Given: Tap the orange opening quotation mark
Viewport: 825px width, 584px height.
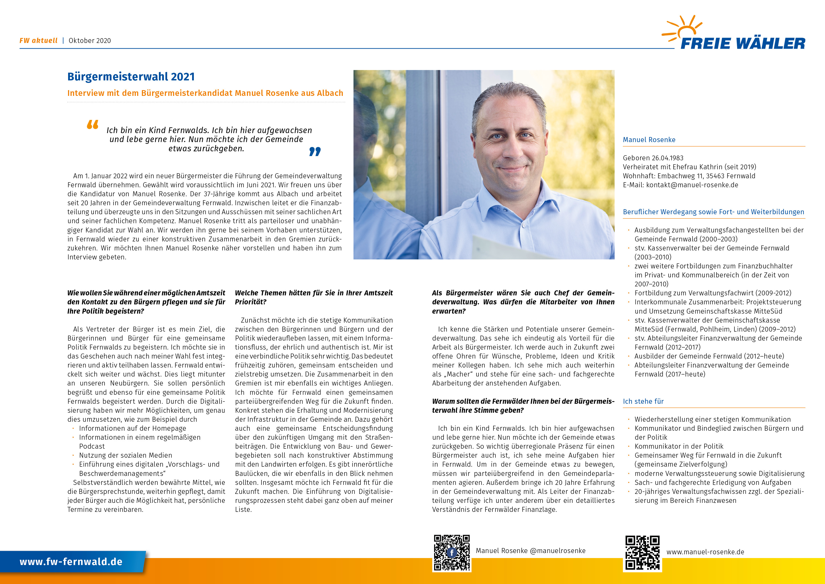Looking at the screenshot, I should pos(92,125).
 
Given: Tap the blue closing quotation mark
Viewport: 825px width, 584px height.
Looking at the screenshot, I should pos(315,152).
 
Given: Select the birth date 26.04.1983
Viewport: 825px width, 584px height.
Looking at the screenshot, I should pos(668,158).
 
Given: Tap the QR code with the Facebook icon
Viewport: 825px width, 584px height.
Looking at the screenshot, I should pos(451,553).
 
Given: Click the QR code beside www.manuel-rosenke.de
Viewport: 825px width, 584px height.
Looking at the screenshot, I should pos(642,553).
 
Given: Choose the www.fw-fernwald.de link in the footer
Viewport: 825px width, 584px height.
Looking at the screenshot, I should pos(71,562).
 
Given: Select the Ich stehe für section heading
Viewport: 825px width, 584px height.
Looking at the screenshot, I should pos(643,401).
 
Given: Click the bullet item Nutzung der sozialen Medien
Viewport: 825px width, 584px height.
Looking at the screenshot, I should pos(125,455).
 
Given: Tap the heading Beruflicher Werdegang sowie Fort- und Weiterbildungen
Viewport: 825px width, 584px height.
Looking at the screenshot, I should pos(713,212).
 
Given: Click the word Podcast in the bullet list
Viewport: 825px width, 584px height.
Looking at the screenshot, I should pos(92,446).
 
